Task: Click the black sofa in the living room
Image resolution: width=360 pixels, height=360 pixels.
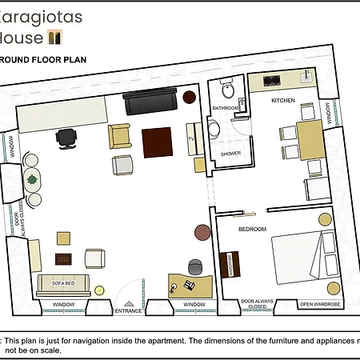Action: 152,102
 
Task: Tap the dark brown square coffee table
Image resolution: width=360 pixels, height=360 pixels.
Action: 156,143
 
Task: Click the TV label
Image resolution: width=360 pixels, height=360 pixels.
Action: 191,138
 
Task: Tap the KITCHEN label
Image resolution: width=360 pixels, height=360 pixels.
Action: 283,101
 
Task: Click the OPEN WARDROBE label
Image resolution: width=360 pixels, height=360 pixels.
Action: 319,305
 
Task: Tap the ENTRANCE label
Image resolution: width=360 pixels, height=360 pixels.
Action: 129,310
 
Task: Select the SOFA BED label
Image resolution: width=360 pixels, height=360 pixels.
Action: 63,282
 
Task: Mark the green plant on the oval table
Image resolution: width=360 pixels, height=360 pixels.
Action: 33,178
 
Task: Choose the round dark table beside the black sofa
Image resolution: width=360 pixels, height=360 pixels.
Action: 190,97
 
